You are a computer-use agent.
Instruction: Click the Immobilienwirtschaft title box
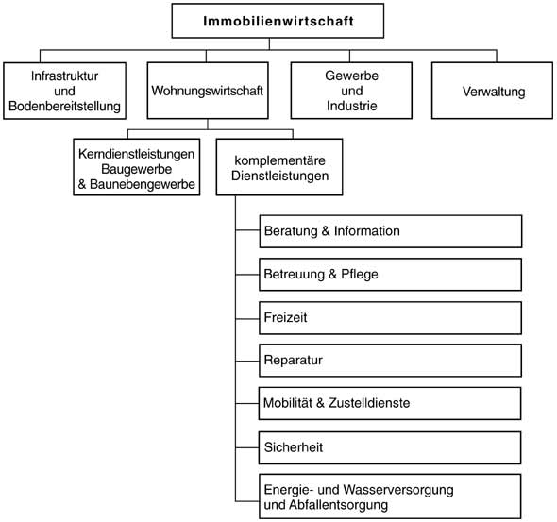click(x=278, y=21)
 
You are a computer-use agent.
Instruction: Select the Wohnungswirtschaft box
click(x=208, y=91)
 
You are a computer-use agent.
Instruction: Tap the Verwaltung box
click(x=493, y=91)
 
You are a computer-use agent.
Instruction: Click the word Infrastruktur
click(x=64, y=76)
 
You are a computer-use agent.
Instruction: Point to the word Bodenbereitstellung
click(x=64, y=106)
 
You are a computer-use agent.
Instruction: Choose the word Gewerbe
click(x=352, y=76)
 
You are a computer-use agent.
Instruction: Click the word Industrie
click(x=352, y=106)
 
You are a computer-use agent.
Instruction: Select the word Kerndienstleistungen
click(x=137, y=154)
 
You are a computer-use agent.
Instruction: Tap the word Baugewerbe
click(x=137, y=169)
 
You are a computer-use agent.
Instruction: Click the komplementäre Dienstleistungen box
click(x=279, y=167)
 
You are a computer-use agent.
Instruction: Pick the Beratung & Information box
click(x=391, y=231)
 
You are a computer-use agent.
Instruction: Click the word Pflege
click(x=360, y=275)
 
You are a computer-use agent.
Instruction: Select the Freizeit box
click(x=391, y=318)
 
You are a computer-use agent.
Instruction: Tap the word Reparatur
click(x=294, y=360)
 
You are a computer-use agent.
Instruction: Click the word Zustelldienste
click(x=369, y=403)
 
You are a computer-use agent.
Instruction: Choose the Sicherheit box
click(x=390, y=447)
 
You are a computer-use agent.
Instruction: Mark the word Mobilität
click(x=288, y=403)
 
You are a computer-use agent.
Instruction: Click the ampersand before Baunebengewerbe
click(x=82, y=184)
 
